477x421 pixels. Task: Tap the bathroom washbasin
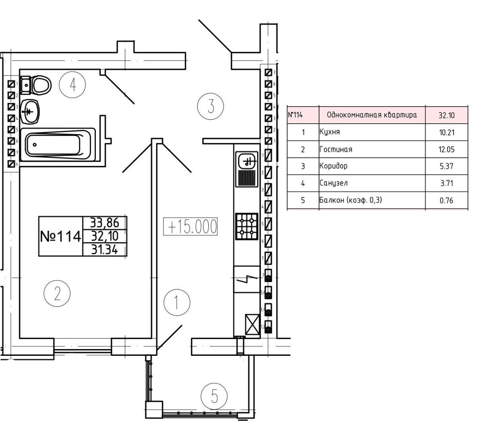click(x=31, y=112)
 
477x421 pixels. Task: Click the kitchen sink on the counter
click(x=246, y=161)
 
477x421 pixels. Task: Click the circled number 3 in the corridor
click(x=211, y=106)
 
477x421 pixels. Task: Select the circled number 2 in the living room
click(x=57, y=294)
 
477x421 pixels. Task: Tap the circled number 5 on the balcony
click(x=214, y=396)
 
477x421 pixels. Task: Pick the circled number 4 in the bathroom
click(x=72, y=85)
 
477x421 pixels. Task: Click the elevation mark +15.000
click(x=191, y=227)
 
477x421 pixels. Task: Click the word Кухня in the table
click(x=330, y=132)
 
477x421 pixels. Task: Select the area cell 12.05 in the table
click(x=446, y=149)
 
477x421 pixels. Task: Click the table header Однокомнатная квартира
click(x=372, y=115)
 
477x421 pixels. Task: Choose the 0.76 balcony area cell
click(x=446, y=200)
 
